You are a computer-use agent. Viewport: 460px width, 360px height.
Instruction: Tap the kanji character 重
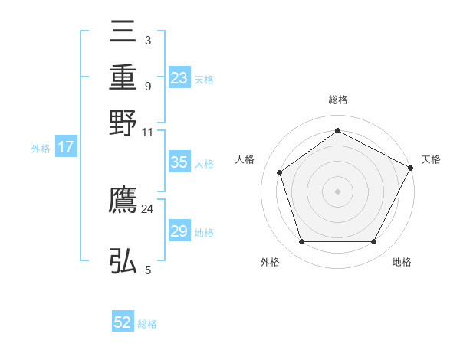click(123, 78)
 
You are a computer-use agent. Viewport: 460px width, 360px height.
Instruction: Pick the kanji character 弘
click(123, 261)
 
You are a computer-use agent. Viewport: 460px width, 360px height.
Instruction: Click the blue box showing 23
click(179, 78)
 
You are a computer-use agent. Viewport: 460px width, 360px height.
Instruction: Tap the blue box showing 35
click(179, 162)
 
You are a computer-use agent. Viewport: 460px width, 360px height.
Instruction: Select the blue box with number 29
click(179, 231)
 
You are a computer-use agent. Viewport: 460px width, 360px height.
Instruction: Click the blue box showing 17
click(66, 147)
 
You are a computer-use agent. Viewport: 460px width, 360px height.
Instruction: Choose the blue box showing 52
click(123, 322)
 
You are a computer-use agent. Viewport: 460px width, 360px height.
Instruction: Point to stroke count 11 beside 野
click(147, 131)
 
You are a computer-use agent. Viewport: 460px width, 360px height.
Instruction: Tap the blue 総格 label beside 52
click(147, 324)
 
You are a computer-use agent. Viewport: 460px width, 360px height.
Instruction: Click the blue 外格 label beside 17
click(41, 149)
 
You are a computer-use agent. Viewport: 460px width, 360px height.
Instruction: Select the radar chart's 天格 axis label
click(431, 159)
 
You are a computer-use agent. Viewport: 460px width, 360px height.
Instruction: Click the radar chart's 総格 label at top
click(338, 100)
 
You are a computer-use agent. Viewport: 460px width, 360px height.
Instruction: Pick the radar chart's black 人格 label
click(245, 159)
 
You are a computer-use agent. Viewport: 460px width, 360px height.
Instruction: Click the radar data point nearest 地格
click(374, 242)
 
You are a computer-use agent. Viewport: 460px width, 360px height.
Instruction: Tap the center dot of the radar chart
click(338, 191)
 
